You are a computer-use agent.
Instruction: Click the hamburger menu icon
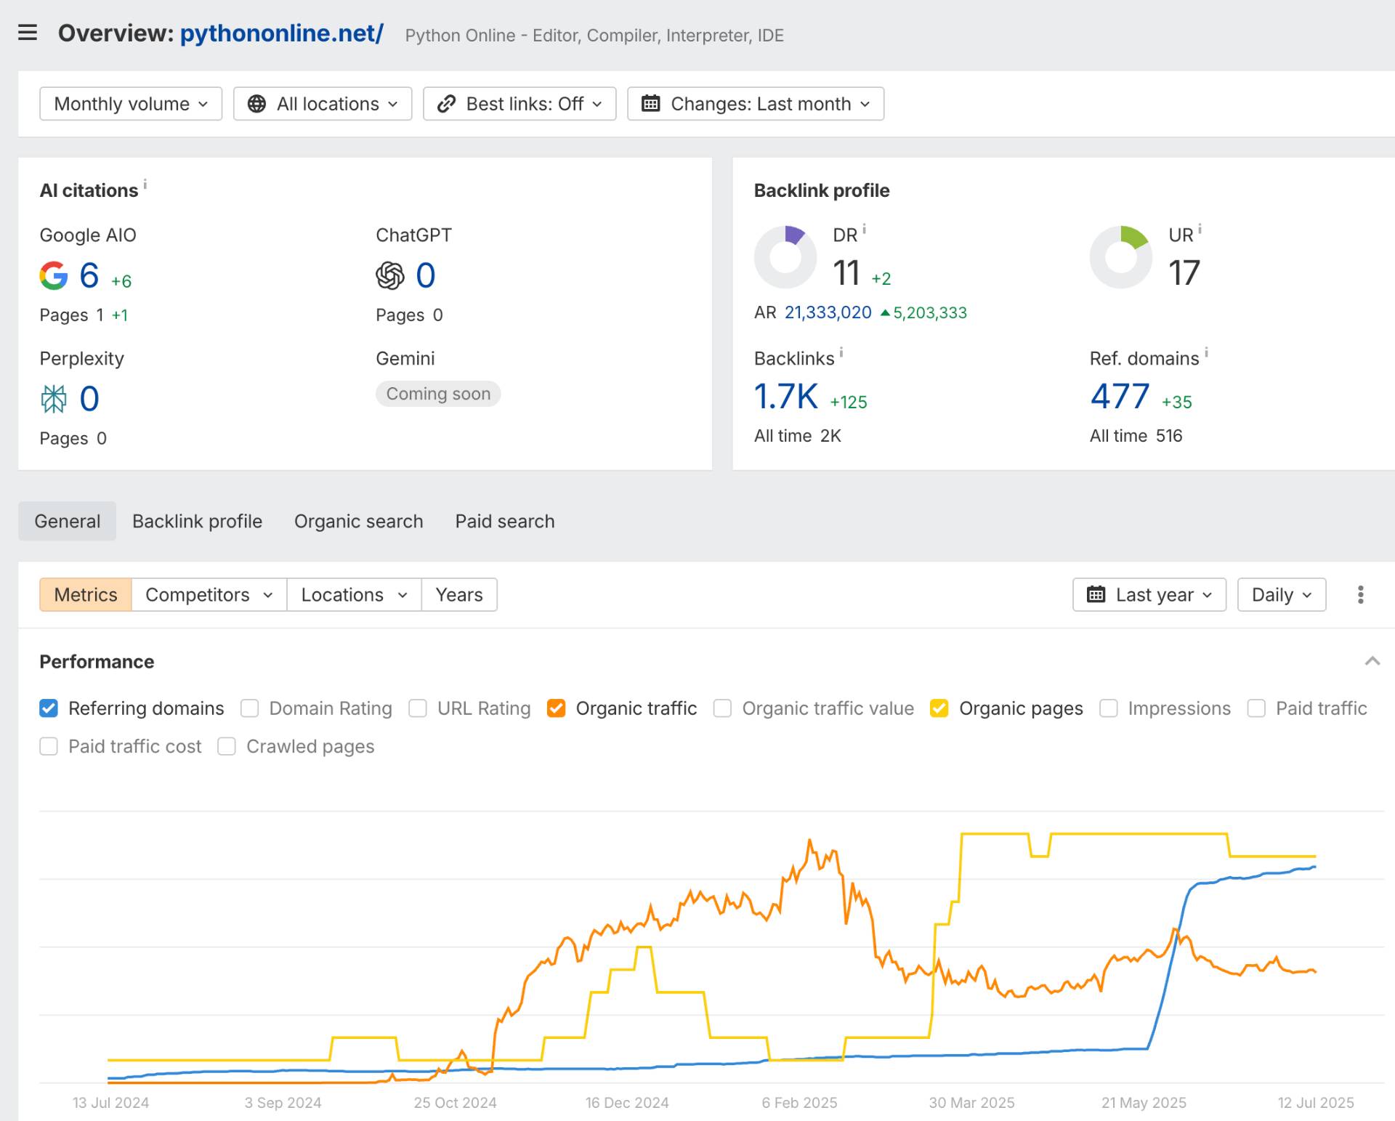tap(28, 33)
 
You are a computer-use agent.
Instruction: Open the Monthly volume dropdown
tap(131, 104)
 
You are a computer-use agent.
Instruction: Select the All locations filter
tap(323, 104)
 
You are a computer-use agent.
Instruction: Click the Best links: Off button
tap(519, 104)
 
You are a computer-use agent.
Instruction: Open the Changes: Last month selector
tap(756, 104)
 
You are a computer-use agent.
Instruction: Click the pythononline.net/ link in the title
tap(282, 33)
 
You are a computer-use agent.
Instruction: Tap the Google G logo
tap(54, 275)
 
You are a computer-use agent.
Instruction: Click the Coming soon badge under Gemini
tap(438, 394)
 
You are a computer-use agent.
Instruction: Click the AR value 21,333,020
tap(828, 312)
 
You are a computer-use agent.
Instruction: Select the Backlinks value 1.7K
tap(786, 397)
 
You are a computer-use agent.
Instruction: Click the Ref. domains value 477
tap(1120, 397)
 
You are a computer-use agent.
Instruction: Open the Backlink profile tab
tap(197, 521)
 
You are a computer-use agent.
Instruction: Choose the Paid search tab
tap(505, 521)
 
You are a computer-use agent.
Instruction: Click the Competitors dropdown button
tap(209, 595)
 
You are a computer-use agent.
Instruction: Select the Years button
tap(459, 595)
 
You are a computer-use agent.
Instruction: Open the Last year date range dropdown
tap(1149, 595)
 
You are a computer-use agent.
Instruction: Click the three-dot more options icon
tap(1361, 595)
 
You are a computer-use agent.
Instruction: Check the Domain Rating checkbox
tap(249, 708)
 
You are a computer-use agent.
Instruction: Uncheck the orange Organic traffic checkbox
tap(557, 708)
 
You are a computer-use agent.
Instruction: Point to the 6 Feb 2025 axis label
tap(799, 1103)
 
